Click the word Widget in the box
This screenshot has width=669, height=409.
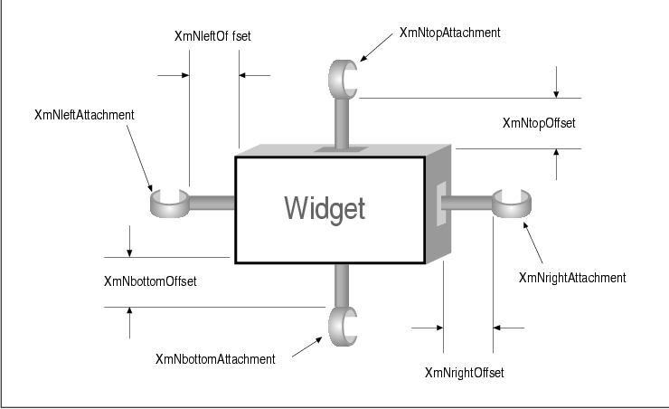325,208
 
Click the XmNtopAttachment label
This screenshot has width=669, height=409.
448,33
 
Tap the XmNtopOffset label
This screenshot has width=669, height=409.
539,123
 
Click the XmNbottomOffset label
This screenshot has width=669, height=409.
151,281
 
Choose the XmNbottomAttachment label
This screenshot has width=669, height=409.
215,359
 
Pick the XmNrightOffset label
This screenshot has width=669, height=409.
464,372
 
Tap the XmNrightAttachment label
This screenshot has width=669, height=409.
572,277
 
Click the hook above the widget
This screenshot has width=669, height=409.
344,78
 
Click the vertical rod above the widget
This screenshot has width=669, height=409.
343,123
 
